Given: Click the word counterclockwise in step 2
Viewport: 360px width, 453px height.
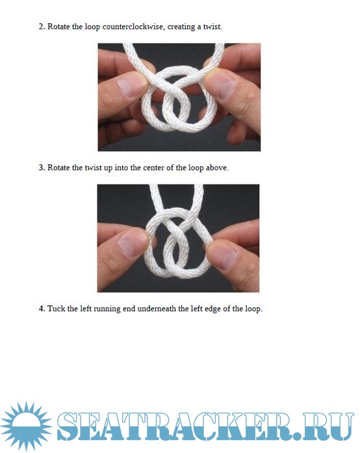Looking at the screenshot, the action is (134, 27).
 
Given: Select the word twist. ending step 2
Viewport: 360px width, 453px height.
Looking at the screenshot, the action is (212, 27).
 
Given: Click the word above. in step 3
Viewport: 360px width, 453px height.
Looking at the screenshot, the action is (217, 168).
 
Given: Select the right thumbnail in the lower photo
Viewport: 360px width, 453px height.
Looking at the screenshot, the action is (223, 256).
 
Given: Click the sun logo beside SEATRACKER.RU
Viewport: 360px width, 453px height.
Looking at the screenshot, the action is (26, 426).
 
